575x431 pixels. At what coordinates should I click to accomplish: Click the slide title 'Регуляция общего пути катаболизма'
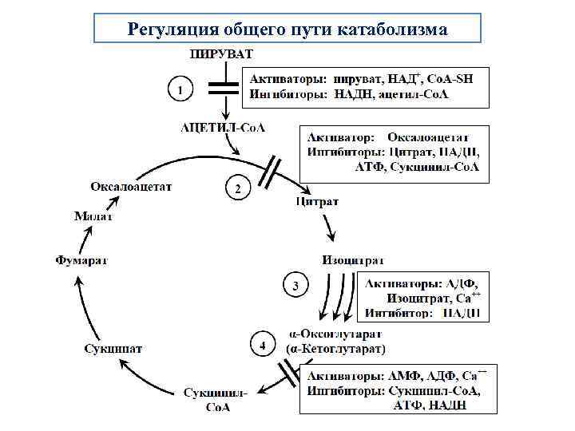coord(287,30)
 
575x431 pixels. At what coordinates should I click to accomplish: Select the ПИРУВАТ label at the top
coord(220,54)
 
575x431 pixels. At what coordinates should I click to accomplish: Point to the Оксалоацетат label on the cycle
coord(131,187)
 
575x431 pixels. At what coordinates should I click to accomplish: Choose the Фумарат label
coord(81,259)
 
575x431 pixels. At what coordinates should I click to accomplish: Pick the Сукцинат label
coord(114,348)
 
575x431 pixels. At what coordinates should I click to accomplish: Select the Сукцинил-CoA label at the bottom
coord(216,399)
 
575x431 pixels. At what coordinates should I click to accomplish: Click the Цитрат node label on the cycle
coord(316,202)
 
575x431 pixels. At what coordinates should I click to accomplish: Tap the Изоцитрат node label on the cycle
coord(353,260)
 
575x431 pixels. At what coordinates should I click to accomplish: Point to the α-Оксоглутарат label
coord(335,334)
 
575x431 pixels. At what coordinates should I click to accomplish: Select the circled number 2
coord(238,189)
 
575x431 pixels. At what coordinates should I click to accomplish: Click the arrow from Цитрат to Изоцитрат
coord(331,230)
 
